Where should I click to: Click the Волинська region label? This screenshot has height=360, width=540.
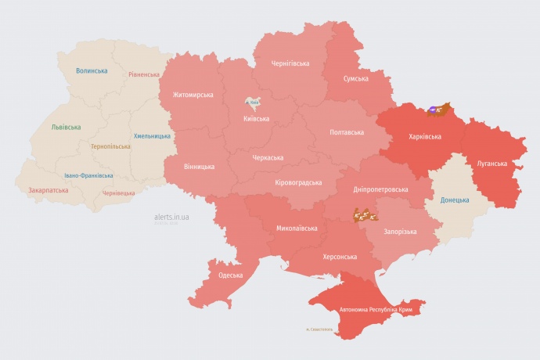(92, 70)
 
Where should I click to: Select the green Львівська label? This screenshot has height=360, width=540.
(66, 127)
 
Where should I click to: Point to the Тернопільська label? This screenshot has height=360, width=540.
(110, 146)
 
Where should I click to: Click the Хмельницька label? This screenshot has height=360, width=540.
(152, 135)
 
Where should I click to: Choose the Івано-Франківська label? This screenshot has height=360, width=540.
(88, 176)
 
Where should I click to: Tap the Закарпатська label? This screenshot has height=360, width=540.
(48, 190)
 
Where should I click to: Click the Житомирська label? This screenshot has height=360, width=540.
(188, 95)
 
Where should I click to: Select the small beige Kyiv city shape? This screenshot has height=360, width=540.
(254, 102)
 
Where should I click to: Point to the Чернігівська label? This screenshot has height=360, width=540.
(290, 63)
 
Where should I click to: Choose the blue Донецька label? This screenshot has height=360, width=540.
(455, 200)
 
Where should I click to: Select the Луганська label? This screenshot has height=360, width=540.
(492, 164)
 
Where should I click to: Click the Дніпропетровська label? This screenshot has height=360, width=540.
(381, 189)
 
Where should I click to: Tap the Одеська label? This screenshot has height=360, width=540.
(230, 275)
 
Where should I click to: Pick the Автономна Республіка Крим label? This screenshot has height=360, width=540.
(376, 310)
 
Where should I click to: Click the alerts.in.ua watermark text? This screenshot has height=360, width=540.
(172, 216)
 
